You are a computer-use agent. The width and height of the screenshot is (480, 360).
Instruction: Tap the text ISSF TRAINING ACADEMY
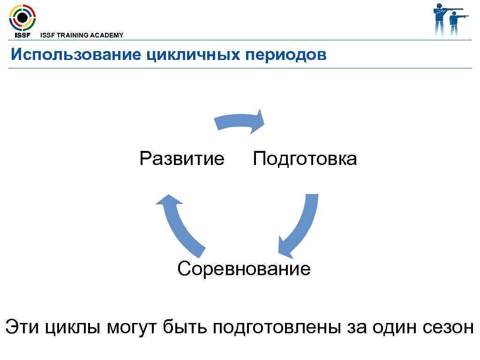click(82, 35)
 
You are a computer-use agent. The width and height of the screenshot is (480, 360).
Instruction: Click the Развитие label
click(182, 159)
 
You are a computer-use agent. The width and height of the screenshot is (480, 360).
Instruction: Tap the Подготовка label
click(305, 159)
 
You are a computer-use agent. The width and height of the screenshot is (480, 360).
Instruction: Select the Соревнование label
click(244, 269)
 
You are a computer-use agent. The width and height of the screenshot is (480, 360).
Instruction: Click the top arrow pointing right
click(240, 121)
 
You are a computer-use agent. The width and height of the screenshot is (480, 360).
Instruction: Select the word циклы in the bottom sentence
click(73, 327)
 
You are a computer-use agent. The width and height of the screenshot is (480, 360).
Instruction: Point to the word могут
click(133, 327)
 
